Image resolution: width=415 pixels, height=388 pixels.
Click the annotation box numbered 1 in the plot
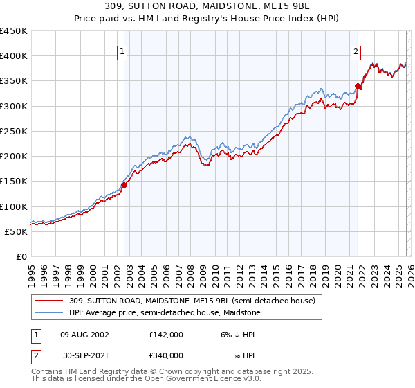(122, 51)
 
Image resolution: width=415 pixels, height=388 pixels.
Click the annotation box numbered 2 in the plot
(356, 51)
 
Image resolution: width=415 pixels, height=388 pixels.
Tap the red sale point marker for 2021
(358, 86)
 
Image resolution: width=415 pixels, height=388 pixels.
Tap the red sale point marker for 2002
(124, 185)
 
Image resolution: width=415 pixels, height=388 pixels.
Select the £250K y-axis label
(13, 131)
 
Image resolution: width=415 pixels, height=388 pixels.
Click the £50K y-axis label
(16, 231)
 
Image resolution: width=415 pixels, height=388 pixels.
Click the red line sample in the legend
(49, 301)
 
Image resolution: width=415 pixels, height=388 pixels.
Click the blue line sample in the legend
(49, 312)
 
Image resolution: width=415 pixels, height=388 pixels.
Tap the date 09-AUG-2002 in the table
(85, 334)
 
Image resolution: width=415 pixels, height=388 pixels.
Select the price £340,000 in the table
(165, 355)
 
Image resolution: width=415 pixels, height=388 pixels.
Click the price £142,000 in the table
(165, 334)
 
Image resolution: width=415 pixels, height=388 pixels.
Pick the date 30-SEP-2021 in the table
(84, 355)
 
